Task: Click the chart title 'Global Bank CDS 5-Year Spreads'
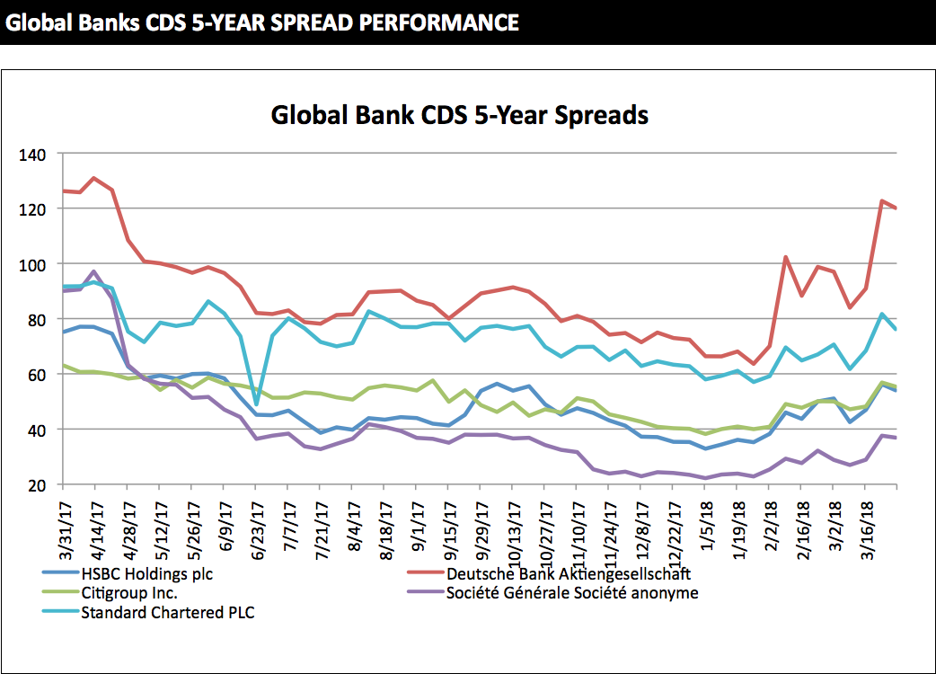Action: coord(459,115)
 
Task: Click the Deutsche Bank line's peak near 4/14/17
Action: coord(94,178)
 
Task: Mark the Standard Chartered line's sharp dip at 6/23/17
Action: coord(255,404)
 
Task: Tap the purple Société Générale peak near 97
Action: coord(94,271)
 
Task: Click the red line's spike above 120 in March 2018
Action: coord(882,200)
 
